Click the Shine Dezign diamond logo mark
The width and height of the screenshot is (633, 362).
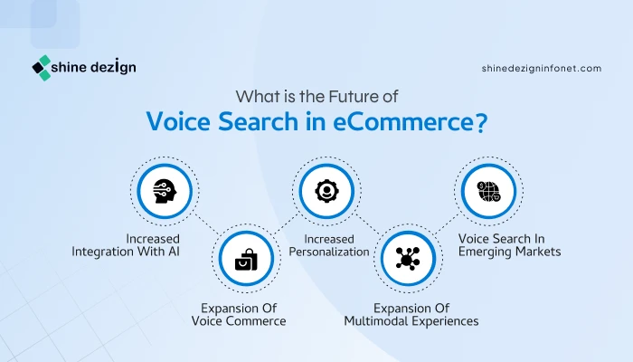click(42, 68)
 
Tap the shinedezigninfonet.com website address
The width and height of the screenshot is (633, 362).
click(542, 68)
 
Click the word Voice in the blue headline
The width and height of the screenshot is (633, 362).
click(178, 121)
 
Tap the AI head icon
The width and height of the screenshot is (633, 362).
click(165, 191)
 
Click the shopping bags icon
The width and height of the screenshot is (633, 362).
click(246, 260)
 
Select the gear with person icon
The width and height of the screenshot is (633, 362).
click(326, 191)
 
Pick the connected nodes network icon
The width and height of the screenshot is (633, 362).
click(408, 258)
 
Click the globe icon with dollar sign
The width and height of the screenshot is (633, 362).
click(488, 191)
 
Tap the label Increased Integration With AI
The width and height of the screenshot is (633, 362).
click(126, 245)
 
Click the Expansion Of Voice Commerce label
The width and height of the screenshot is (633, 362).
click(239, 315)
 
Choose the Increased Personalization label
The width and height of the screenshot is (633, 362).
click(329, 245)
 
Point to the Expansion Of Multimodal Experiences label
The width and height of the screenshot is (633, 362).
click(411, 315)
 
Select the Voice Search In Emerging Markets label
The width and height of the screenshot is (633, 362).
click(509, 245)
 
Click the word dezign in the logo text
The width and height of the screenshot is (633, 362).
click(113, 67)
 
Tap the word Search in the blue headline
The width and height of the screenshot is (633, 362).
click(258, 121)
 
